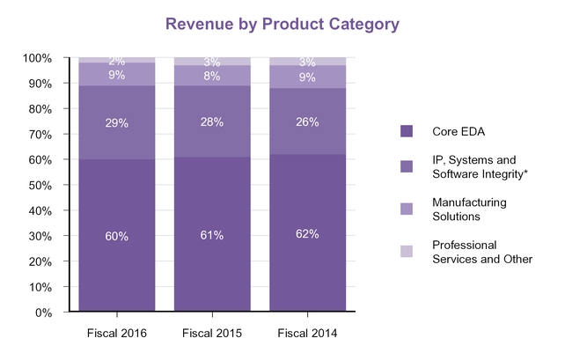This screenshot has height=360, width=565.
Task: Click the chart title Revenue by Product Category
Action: coord(282,25)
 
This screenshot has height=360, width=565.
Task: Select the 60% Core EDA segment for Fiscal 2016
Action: coord(117,236)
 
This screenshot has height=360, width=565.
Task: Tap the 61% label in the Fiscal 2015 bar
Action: coord(211,235)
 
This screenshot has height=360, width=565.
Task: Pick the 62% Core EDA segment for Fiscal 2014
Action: coord(306,234)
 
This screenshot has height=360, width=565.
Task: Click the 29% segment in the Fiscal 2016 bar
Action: coord(117,122)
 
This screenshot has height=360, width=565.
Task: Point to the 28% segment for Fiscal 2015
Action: coord(211,121)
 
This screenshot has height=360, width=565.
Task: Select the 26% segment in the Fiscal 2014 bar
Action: coord(306,121)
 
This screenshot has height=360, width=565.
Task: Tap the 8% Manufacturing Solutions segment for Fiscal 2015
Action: coord(211,76)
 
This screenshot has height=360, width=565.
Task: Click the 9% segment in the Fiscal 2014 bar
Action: coord(306,77)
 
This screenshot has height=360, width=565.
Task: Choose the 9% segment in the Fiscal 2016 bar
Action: coord(117,75)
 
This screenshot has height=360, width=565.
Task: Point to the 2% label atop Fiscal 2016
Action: coord(117,61)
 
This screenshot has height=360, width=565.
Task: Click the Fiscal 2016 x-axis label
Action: coord(117,333)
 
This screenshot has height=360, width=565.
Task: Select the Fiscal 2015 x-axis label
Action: coord(211,333)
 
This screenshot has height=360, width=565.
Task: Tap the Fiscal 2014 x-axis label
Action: coord(306,333)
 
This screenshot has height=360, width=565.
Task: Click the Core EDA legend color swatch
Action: coord(407,131)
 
